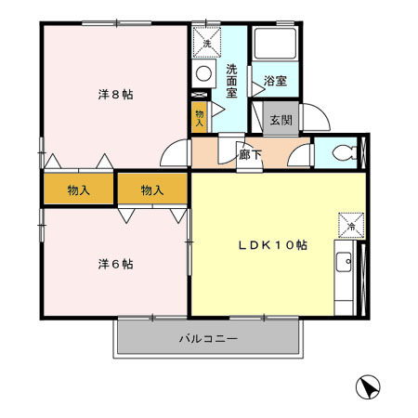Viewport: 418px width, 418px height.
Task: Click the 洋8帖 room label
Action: pos(116,94)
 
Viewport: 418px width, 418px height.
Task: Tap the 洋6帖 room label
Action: pos(116,264)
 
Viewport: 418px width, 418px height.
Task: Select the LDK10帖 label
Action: pos(272,245)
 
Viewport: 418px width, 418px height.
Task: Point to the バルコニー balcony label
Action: pos(209,338)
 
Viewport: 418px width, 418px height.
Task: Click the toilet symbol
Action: pos(345,152)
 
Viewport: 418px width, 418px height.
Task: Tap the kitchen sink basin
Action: pos(344,262)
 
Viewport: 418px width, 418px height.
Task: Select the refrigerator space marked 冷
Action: pos(351,226)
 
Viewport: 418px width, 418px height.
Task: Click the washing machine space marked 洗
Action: pos(207,43)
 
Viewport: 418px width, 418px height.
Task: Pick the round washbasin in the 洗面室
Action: pos(203,73)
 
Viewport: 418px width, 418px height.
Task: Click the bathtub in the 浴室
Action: pos(275,44)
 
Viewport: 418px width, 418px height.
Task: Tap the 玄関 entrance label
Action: pos(281,120)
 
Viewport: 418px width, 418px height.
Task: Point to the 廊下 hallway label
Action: pos(250,154)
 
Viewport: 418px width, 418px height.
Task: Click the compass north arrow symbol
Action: pos(368,387)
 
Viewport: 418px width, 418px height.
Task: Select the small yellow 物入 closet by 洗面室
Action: pos(199,117)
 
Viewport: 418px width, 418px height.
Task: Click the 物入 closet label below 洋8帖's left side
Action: pos(79,189)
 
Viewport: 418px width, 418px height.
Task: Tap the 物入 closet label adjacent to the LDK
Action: pos(152,189)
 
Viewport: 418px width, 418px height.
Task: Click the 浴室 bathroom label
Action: pos(275,81)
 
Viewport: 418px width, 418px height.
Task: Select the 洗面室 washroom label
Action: pos(231,81)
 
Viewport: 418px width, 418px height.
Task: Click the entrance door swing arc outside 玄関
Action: pos(322,112)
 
